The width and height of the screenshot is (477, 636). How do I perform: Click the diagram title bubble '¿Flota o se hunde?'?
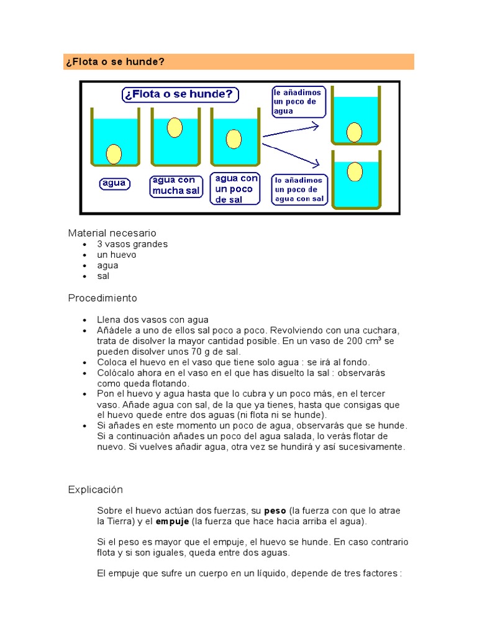(x=179, y=94)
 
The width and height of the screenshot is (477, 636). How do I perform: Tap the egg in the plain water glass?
(x=114, y=153)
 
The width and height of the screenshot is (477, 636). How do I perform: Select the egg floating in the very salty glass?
(x=175, y=128)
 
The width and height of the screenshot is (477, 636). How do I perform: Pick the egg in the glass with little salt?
(x=234, y=139)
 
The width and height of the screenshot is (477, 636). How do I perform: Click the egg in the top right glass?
(x=354, y=132)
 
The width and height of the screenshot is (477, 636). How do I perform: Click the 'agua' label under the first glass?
(x=114, y=183)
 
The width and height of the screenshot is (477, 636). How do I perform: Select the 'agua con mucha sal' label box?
(x=176, y=186)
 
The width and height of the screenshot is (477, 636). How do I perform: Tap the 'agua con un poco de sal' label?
(x=235, y=189)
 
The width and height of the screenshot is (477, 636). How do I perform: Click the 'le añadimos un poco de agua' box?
(x=298, y=102)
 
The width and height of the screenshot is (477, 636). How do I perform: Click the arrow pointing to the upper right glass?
(x=291, y=131)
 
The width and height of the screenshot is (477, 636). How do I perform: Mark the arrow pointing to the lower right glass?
(x=291, y=155)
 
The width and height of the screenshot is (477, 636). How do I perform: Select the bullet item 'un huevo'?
(x=116, y=255)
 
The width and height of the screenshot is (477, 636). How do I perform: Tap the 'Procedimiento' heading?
(x=102, y=298)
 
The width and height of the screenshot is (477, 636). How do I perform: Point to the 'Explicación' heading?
(x=96, y=489)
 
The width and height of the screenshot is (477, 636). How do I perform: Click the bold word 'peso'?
(x=275, y=511)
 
